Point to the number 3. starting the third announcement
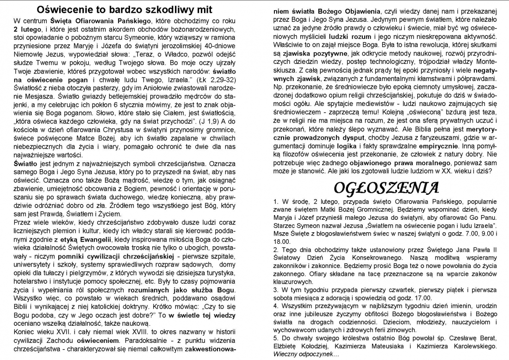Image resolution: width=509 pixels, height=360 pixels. point(276,289)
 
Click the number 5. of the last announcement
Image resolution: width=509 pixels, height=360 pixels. point(276,337)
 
